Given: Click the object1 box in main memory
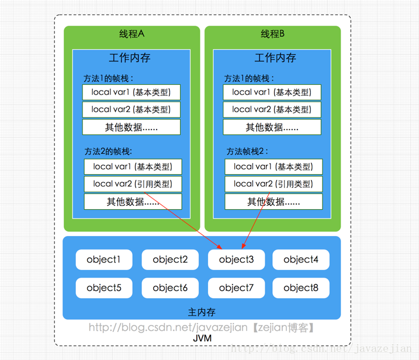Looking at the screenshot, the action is [x=104, y=259].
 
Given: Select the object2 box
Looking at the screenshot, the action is [x=170, y=259].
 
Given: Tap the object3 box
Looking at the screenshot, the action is [x=237, y=259].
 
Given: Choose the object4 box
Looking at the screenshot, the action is [x=301, y=259].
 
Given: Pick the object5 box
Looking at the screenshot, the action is [x=104, y=288].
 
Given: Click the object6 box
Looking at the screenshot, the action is [x=170, y=288].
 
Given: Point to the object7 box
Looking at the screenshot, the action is [x=237, y=288].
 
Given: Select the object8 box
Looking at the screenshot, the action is [x=301, y=288].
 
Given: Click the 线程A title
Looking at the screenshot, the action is [x=131, y=34].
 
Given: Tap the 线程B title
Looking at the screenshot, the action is [x=272, y=34].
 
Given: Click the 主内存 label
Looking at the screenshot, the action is [x=202, y=312].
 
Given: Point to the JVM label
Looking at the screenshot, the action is [x=202, y=338].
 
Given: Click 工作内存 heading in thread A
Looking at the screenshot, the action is [x=130, y=58].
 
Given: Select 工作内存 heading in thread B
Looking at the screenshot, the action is [x=275, y=58].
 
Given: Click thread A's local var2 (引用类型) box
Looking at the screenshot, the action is [x=133, y=184].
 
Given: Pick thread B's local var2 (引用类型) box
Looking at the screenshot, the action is [x=273, y=184].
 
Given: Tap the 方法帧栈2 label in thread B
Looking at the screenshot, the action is [x=247, y=151].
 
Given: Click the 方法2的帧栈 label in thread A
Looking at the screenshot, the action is [x=108, y=151].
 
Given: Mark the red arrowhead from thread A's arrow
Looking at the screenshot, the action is [x=219, y=247].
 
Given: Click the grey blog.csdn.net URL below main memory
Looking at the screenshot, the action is [x=202, y=327].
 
